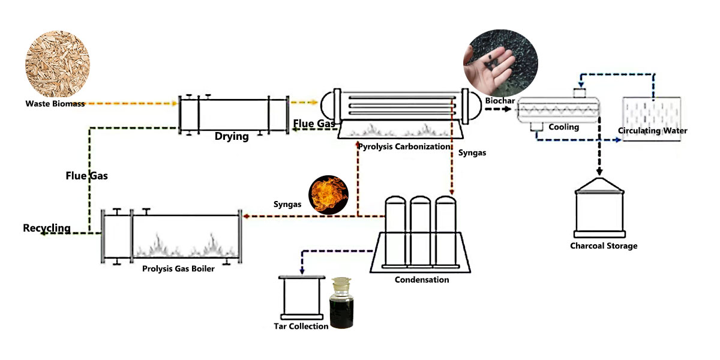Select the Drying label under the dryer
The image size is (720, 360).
(232, 136)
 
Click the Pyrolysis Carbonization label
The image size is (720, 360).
(403, 146)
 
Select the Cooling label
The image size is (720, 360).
(563, 127)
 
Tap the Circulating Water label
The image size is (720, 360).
(653, 131)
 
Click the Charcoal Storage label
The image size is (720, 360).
(604, 246)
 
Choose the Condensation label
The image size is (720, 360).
(422, 280)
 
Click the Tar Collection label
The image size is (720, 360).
(301, 326)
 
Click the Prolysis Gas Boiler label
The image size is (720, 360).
(178, 269)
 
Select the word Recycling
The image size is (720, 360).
(47, 229)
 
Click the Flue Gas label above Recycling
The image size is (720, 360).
(86, 176)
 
